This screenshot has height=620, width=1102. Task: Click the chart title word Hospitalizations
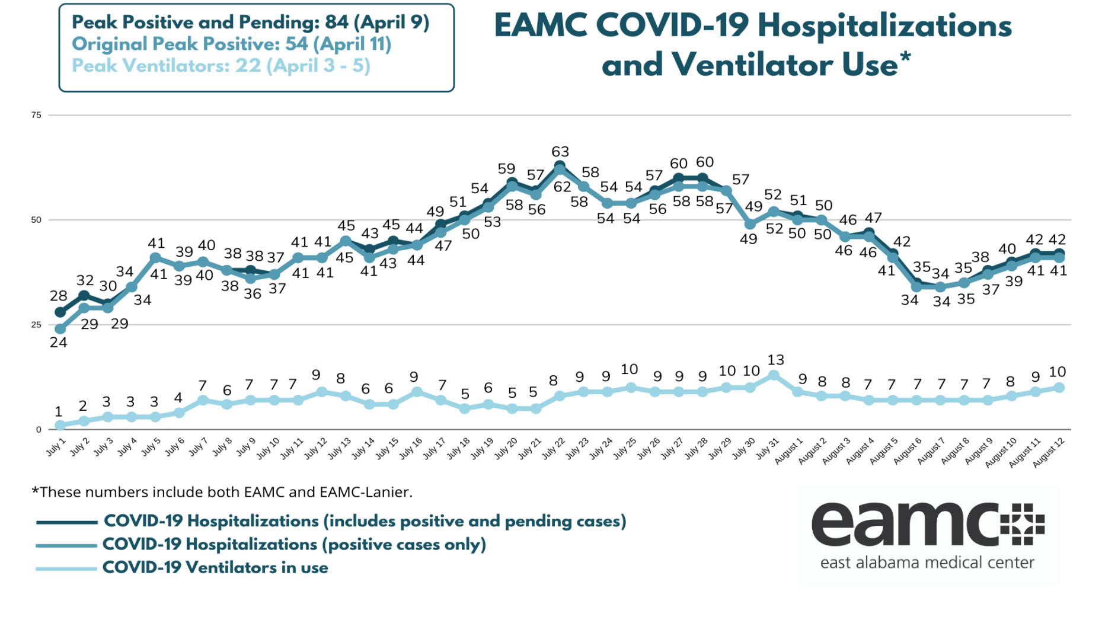pyautogui.click(x=884, y=26)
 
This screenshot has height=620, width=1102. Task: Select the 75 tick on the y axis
pyautogui.click(x=37, y=115)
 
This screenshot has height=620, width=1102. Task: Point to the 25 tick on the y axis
pyautogui.click(x=37, y=325)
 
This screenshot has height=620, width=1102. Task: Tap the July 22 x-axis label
pyautogui.click(x=554, y=449)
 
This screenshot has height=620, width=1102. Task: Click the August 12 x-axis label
pyautogui.click(x=1050, y=452)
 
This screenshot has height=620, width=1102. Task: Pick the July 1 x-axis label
pyautogui.click(x=56, y=448)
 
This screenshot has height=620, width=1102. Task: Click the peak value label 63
pyautogui.click(x=560, y=152)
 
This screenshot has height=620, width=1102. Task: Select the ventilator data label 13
pyautogui.click(x=775, y=360)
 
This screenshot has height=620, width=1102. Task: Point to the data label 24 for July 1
pyautogui.click(x=58, y=343)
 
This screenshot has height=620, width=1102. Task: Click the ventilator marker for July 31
pyautogui.click(x=774, y=375)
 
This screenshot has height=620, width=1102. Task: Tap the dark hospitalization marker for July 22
pyautogui.click(x=560, y=166)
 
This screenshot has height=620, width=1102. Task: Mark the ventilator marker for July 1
pyautogui.click(x=60, y=426)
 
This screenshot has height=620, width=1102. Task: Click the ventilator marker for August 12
pyautogui.click(x=1059, y=388)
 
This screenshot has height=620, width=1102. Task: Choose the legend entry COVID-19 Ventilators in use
pyautogui.click(x=215, y=567)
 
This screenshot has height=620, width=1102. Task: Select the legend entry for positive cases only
pyautogui.click(x=294, y=544)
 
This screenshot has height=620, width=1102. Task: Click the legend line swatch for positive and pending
pyautogui.click(x=66, y=522)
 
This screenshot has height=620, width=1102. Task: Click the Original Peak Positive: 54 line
pyautogui.click(x=231, y=44)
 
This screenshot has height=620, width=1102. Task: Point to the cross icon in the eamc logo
pyautogui.click(x=1022, y=524)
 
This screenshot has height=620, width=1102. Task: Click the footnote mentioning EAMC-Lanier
pyautogui.click(x=222, y=492)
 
